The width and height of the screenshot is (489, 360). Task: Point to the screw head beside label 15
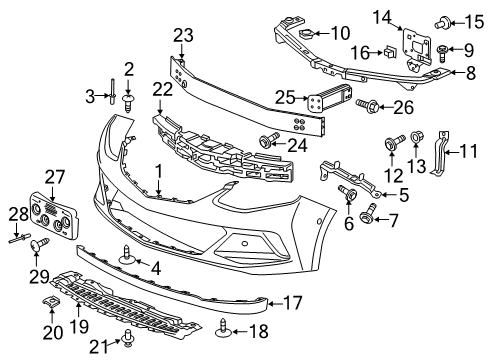point(438,18)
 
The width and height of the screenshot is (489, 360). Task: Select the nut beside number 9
point(442,49)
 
